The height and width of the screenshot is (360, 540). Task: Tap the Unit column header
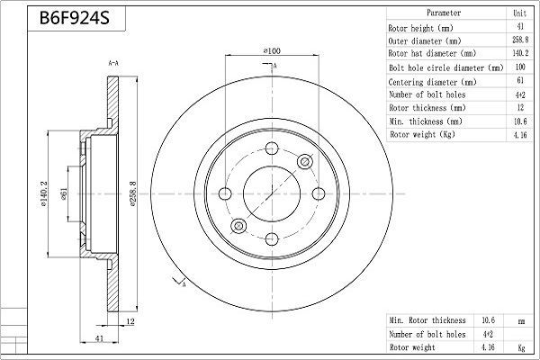520,13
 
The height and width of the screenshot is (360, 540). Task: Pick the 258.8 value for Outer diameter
520,40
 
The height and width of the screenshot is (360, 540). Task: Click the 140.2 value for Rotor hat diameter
520,54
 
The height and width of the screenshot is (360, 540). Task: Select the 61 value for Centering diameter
520,81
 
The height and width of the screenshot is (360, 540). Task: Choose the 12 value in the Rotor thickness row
520,108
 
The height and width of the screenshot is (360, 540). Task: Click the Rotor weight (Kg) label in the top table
421,135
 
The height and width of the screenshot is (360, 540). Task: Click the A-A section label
114,64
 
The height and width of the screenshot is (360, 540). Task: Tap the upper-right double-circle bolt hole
304,161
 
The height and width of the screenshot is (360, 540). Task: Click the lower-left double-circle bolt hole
238,226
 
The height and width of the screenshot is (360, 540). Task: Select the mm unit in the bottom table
520,319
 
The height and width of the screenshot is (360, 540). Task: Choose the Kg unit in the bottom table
520,346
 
